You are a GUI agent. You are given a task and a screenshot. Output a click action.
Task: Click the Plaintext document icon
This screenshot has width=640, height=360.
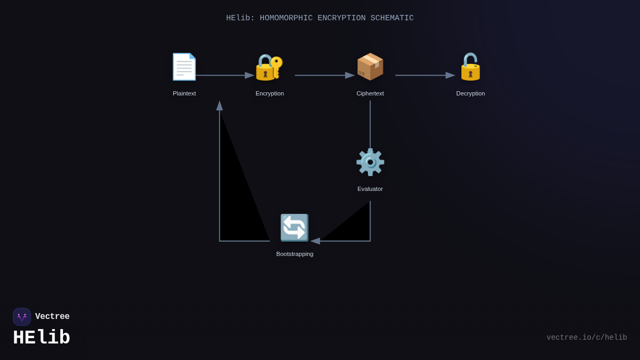184,67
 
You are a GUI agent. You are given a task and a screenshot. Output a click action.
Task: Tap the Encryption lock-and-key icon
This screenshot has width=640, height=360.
269,67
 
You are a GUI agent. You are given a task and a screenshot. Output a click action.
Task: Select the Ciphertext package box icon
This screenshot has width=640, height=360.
370,67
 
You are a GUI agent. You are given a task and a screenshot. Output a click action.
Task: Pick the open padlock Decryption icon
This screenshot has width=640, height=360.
470,67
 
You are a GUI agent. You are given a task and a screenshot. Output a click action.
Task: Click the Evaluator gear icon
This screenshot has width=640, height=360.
370,162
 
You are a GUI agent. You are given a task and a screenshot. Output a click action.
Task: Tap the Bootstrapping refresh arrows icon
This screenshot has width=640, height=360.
294,228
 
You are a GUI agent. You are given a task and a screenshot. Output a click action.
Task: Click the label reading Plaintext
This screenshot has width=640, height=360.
184,93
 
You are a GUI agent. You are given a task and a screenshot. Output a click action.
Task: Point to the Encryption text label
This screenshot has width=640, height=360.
269,93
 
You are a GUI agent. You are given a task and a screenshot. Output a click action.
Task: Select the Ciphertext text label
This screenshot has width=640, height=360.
370,93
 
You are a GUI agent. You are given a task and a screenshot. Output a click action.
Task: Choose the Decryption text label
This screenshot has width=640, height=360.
470,93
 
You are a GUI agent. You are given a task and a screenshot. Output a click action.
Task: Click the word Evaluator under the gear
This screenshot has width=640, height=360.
370,189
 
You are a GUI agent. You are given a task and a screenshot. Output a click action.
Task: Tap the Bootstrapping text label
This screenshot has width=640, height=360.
294,254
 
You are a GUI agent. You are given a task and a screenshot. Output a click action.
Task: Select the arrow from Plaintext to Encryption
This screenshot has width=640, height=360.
224,75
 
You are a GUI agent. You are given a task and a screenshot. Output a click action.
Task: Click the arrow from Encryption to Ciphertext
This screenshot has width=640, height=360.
324,75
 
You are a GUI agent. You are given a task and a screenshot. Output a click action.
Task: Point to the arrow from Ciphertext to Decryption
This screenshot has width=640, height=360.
425,75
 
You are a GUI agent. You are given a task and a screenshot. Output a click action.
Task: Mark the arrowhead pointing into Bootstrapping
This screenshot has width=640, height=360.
315,241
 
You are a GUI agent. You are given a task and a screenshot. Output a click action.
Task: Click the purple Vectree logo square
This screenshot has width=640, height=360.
22,317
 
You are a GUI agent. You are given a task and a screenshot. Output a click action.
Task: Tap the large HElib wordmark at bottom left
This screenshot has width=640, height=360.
42,338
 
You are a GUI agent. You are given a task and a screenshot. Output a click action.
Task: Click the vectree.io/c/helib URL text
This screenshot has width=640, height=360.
587,338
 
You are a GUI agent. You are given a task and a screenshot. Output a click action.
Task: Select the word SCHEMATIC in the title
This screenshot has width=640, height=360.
392,18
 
